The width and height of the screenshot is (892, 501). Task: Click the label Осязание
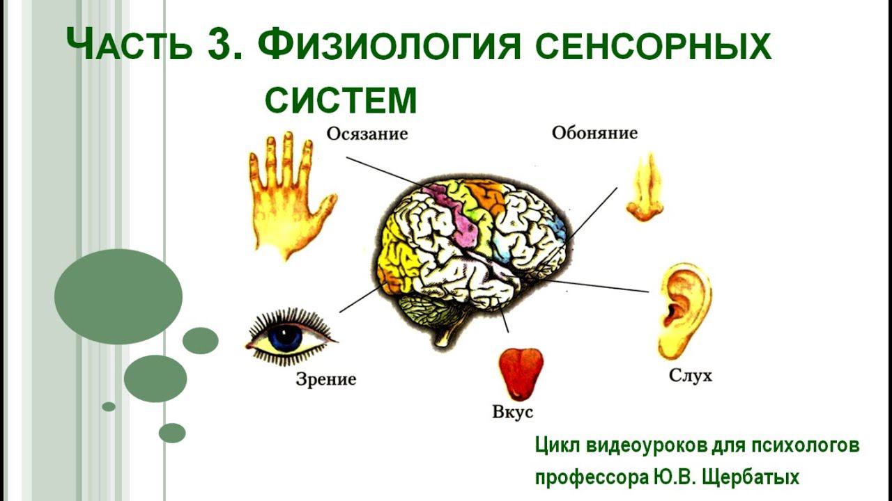367,133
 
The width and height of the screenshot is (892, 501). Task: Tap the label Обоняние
594,132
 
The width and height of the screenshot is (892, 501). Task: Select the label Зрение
325,379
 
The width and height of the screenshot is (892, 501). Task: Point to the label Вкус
512,411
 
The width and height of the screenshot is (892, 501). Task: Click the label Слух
690,376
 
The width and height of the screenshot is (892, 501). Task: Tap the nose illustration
645,189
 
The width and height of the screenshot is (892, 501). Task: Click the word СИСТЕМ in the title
341,101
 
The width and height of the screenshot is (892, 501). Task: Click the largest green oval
118,297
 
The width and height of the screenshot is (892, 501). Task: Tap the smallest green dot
109,406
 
